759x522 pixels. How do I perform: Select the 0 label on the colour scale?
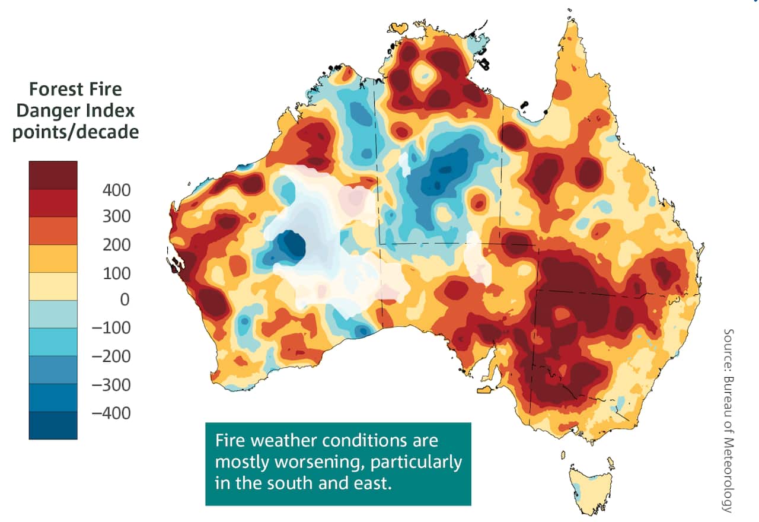[124, 300]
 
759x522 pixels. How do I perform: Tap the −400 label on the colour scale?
[111, 413]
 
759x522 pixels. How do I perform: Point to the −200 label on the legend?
[111, 357]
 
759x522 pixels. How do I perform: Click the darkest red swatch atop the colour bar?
[53, 175]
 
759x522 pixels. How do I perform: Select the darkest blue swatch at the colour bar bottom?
[53, 425]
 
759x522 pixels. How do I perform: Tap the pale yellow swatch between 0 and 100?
[53, 286]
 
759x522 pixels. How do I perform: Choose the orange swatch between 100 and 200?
[53, 259]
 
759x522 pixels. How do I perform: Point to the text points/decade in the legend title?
[75, 131]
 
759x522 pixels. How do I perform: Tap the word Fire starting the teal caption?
[229, 441]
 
